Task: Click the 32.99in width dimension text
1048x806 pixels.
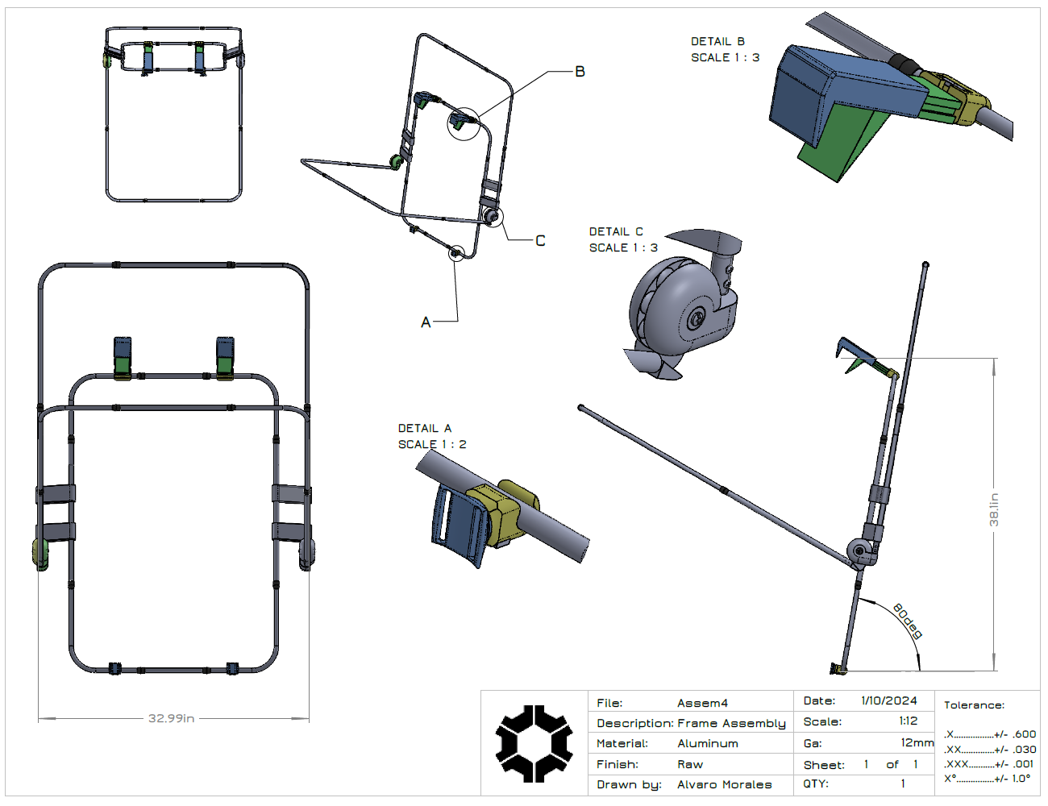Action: [x=171, y=718]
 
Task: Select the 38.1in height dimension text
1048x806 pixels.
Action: [x=994, y=509]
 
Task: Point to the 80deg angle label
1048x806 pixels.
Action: [x=907, y=621]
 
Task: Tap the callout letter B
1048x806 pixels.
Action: [x=580, y=72]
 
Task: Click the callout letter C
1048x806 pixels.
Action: [x=540, y=240]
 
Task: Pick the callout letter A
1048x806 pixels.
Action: [x=426, y=322]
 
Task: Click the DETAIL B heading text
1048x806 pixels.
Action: [x=717, y=41]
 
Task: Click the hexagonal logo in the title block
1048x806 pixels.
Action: [x=534, y=743]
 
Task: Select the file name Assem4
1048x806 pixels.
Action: [x=702, y=703]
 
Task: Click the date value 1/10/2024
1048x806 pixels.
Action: [x=888, y=700]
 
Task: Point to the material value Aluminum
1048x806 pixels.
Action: [x=707, y=743]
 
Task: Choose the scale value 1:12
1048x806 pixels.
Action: [x=908, y=721]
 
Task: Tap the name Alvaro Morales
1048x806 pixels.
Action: [x=724, y=784]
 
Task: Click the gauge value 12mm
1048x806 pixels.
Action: [x=917, y=742]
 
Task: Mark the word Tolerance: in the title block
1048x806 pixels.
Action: [x=974, y=705]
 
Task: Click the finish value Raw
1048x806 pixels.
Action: [x=689, y=764]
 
